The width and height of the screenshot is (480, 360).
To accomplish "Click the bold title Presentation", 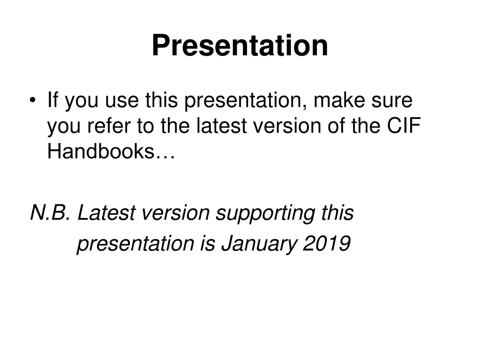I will pos(240,45).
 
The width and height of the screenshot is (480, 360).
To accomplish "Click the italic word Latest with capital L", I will pos(106,213).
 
